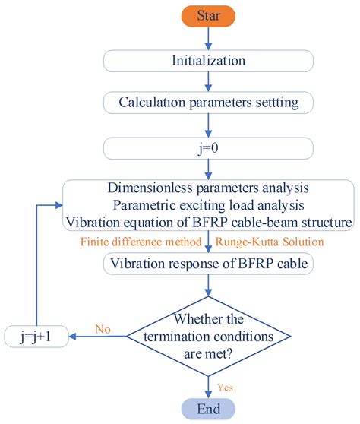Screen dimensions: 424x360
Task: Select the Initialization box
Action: pyautogui.click(x=207, y=61)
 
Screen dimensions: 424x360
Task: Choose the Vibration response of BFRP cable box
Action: pyautogui.click(x=207, y=264)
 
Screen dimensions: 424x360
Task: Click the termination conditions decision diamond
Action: pyautogui.click(x=207, y=334)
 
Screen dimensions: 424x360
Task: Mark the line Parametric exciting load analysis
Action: pyautogui.click(x=207, y=207)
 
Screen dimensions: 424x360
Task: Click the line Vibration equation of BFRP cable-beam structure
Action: pyautogui.click(x=207, y=223)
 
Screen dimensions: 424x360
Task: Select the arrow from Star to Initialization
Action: pyautogui.click(x=207, y=39)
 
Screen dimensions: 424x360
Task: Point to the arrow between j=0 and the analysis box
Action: pyautogui.click(x=207, y=169)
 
